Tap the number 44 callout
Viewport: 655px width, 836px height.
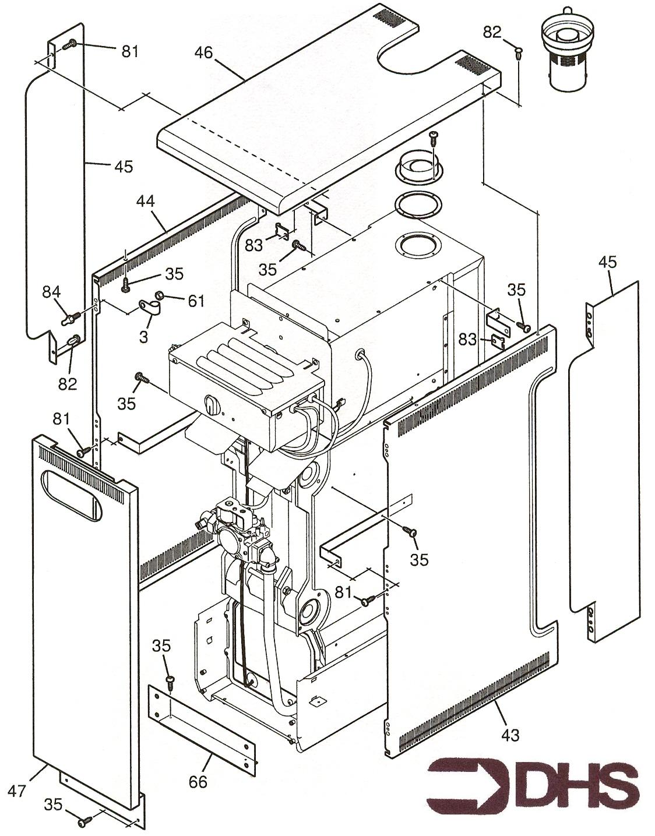[146, 202]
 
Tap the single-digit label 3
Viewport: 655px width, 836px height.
[143, 336]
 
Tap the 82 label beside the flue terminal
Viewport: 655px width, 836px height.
[492, 32]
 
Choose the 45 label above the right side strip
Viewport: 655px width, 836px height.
[607, 262]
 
